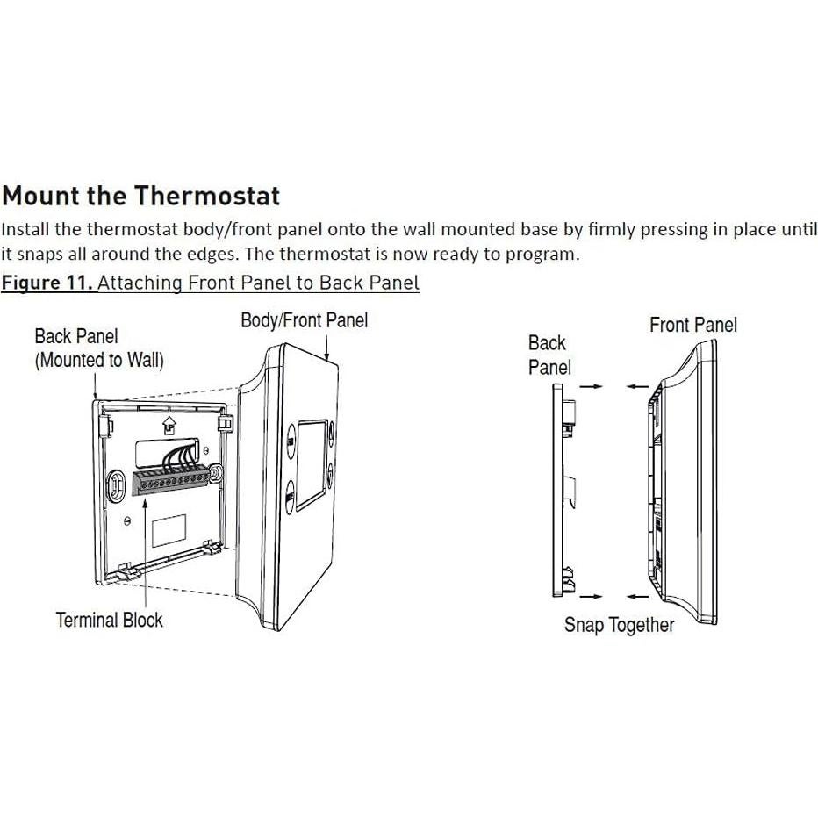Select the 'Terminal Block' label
pyautogui.click(x=109, y=620)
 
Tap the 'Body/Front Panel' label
pyautogui.click(x=304, y=320)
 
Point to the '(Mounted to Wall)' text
pyautogui.click(x=99, y=360)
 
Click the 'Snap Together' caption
pyautogui.click(x=619, y=625)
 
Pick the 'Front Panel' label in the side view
pyautogui.click(x=692, y=325)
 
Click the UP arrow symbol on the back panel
pyautogui.click(x=168, y=424)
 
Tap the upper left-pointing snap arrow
pyautogui.click(x=638, y=385)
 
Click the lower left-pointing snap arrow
pyautogui.click(x=638, y=597)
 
